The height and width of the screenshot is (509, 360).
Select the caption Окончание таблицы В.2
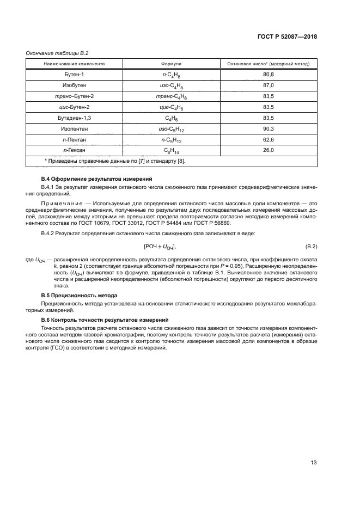(x=57, y=53)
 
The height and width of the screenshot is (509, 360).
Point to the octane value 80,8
(x=268, y=74)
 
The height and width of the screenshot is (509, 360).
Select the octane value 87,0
(x=268, y=85)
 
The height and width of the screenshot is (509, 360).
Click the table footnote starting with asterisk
(x=118, y=161)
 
